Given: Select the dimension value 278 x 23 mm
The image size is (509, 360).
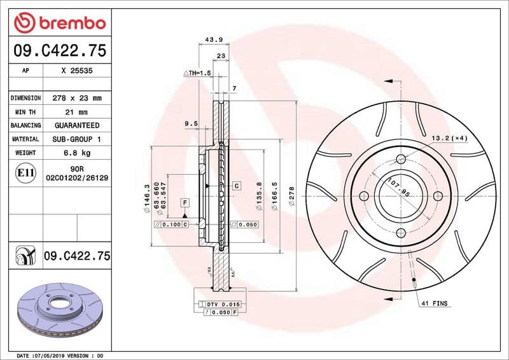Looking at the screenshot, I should tap(77, 99).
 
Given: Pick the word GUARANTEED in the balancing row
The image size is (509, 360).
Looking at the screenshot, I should tap(77, 125).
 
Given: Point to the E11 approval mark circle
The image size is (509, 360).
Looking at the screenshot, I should tap(25, 172).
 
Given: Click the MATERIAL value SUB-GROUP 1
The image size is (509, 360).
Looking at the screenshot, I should tap(77, 139).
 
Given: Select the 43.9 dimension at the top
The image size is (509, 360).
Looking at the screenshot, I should tap(214, 40).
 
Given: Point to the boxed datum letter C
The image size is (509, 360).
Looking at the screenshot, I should tap(236, 186).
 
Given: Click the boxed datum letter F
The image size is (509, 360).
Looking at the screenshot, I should tap(185, 203).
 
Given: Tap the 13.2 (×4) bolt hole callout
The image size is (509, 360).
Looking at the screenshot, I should tap(449, 138).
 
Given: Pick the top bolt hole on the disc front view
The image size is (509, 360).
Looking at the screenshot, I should tap(400, 159).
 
